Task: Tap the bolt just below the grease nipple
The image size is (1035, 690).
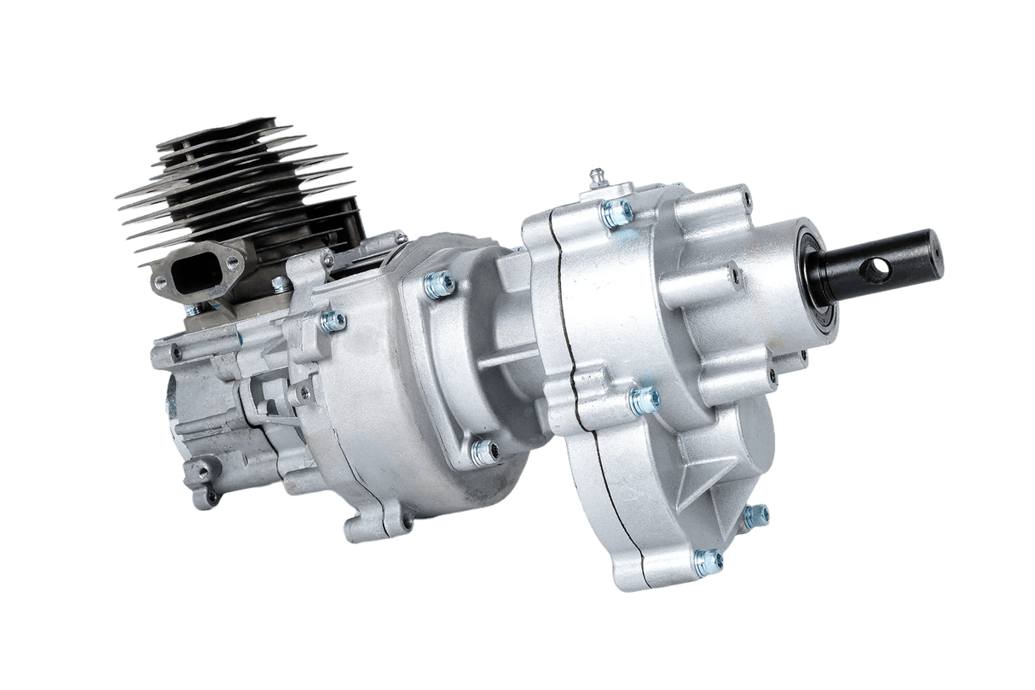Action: pyautogui.click(x=615, y=214)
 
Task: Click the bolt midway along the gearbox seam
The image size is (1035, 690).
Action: pyautogui.click(x=643, y=398)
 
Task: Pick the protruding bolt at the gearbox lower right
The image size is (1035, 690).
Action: pyautogui.click(x=756, y=514)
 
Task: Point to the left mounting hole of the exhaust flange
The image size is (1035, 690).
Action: pyautogui.click(x=159, y=279)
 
